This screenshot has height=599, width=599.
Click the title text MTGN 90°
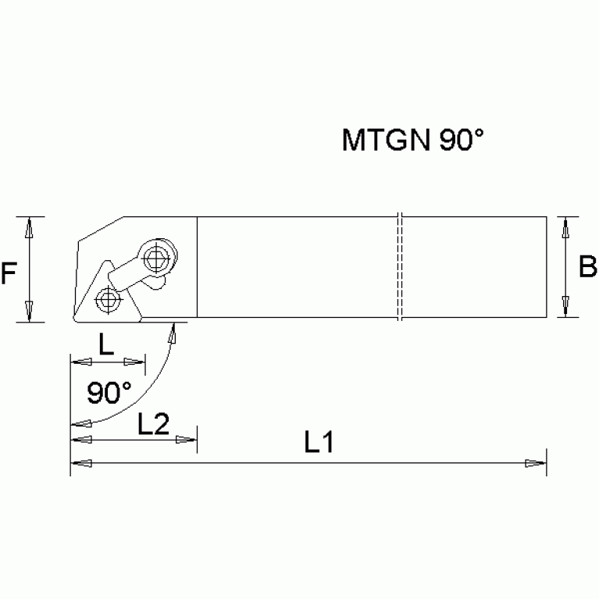(x=413, y=141)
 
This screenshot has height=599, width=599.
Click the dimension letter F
(x=9, y=273)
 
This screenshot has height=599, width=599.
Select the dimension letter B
(x=587, y=267)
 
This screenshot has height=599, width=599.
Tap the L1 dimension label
(x=319, y=444)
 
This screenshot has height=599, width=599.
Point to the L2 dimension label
(x=153, y=424)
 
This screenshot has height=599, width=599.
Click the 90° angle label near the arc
(x=109, y=392)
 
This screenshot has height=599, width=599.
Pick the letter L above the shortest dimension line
(x=106, y=344)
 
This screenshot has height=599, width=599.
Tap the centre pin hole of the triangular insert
(x=109, y=299)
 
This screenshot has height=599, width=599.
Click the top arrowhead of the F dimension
(x=29, y=226)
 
